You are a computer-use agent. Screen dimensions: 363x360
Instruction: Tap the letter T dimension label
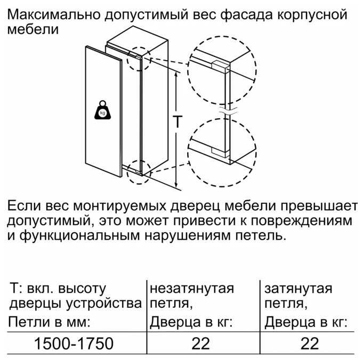[x=178, y=121]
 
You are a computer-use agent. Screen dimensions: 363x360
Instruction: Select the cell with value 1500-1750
[x=74, y=343]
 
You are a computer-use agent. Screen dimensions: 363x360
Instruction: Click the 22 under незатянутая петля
[x=201, y=343]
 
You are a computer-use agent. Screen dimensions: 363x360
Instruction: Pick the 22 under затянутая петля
[x=310, y=343]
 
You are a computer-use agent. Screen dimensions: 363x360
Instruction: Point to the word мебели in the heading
[x=33, y=30]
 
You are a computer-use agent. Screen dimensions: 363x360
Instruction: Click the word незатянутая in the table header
[x=192, y=289]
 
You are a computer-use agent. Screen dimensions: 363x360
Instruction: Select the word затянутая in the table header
[x=299, y=289]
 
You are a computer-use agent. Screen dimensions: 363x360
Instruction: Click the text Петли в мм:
[x=49, y=322]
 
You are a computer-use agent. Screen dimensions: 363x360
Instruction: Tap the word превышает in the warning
[x=319, y=206]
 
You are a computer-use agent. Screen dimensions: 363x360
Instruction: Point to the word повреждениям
[x=302, y=221]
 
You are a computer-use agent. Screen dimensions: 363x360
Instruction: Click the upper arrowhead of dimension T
[x=176, y=75]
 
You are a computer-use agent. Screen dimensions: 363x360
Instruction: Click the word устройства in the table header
[x=103, y=304]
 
